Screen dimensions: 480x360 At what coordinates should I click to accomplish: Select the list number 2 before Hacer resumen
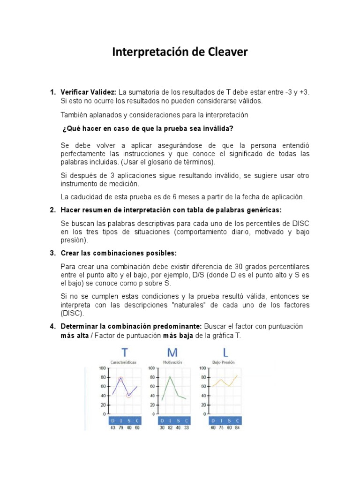(x=52, y=210)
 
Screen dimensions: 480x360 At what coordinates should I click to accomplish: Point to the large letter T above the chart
(x=124, y=353)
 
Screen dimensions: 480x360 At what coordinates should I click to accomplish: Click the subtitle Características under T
(x=124, y=362)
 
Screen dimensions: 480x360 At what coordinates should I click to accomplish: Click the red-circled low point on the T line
(x=129, y=395)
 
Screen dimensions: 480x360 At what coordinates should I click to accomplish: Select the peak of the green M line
(x=170, y=376)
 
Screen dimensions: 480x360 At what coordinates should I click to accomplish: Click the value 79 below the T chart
(x=120, y=427)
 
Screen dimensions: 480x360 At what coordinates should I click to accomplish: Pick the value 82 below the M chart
(x=170, y=427)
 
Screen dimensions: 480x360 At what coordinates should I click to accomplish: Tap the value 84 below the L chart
(x=237, y=427)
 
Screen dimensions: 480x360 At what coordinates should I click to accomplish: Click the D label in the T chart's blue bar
(x=112, y=420)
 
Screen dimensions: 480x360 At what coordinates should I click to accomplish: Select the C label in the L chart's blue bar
(x=237, y=420)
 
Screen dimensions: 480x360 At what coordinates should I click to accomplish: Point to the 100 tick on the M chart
(x=152, y=368)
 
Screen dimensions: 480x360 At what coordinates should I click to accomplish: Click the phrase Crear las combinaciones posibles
(x=119, y=253)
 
